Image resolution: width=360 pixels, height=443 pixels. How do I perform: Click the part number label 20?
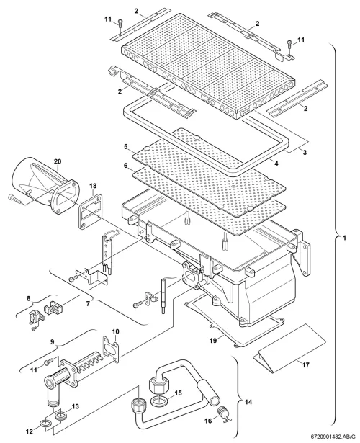[x=58, y=161]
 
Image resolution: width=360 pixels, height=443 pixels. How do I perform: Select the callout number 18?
[x=93, y=186]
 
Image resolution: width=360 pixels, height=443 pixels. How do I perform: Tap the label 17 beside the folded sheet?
[x=305, y=365]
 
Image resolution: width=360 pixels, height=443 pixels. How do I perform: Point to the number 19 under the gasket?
[x=213, y=341]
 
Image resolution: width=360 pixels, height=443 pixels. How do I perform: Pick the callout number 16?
[x=208, y=421]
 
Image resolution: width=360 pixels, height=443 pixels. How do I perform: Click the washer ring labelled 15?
[x=160, y=401]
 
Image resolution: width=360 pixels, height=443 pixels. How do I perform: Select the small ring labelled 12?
[x=47, y=424]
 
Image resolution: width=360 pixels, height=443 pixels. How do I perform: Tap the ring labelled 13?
[x=60, y=416]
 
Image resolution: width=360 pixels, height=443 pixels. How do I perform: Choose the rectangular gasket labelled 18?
[x=89, y=212]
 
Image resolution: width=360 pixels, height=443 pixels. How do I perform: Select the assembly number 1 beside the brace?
[x=343, y=237]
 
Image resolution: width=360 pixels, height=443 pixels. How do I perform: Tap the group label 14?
[x=248, y=402]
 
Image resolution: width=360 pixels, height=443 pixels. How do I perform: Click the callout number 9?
[x=52, y=342]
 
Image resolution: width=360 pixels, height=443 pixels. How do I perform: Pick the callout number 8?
[x=28, y=297]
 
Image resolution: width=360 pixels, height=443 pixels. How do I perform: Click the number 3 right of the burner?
[x=305, y=153]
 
